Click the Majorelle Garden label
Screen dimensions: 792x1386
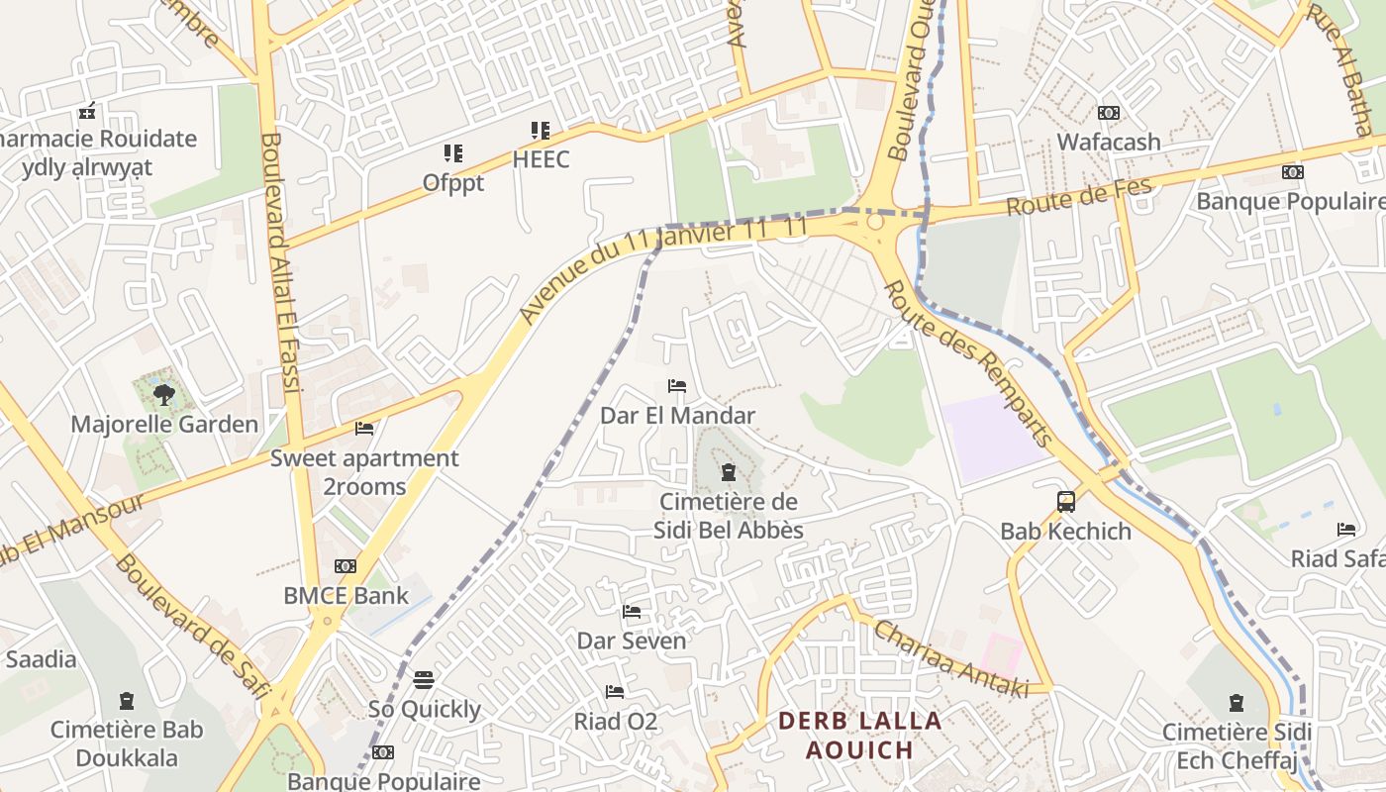pos(164,425)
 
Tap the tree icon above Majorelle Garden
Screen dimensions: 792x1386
pos(164,396)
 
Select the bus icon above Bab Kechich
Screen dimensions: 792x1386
pos(1065,502)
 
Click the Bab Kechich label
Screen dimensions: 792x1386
pos(1065,532)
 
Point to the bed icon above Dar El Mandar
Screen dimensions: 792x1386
pos(677,386)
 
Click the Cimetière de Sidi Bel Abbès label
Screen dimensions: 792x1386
pos(729,516)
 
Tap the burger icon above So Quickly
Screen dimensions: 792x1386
pos(424,680)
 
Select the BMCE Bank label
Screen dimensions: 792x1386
pos(346,596)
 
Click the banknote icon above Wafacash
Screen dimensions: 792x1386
pos(1109,113)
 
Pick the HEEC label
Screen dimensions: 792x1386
pos(542,159)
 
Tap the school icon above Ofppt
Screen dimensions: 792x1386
pos(453,153)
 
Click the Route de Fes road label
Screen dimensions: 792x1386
pos(1079,197)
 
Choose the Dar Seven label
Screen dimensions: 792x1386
pos(632,642)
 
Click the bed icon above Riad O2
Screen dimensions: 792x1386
pos(615,692)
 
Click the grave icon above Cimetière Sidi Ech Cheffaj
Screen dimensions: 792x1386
pos(1236,704)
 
